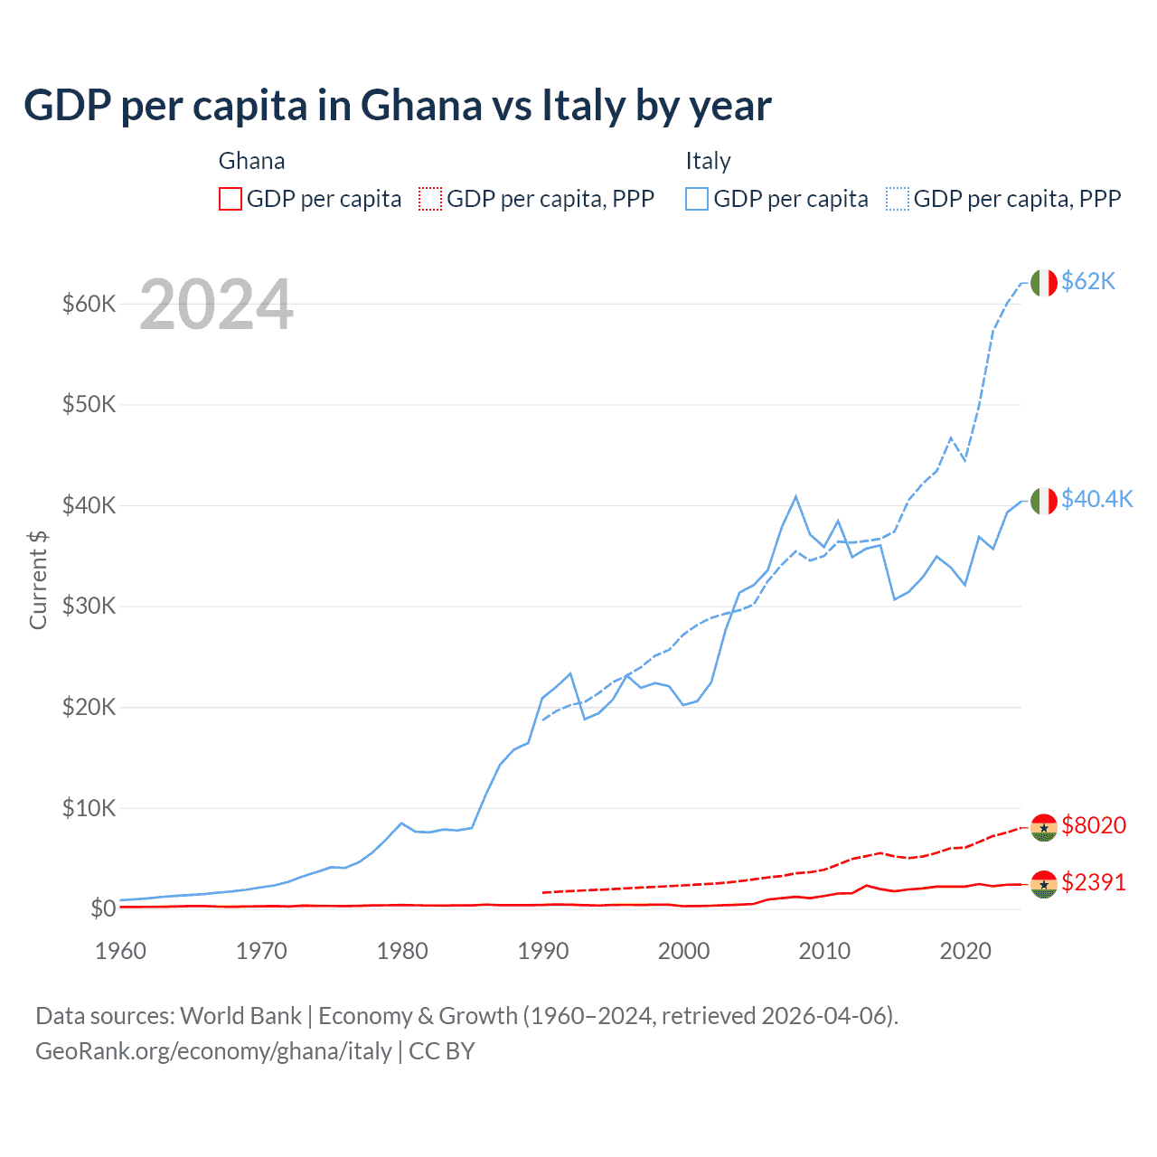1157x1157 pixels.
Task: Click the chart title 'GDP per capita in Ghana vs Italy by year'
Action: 398,106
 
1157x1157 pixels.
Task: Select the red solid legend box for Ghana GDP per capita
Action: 230,199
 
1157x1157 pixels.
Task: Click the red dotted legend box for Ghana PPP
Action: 430,199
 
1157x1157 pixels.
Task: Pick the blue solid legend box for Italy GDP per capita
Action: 697,199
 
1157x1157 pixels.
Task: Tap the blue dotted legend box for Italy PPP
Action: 898,199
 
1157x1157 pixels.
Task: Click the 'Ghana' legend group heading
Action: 251,161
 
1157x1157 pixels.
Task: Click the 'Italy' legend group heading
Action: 708,161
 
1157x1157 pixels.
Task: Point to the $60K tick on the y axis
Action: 89,304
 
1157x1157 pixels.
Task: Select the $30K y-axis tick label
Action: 89,606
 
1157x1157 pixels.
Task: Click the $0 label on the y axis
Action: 102,908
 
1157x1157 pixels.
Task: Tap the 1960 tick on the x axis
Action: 120,951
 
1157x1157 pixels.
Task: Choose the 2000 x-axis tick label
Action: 683,951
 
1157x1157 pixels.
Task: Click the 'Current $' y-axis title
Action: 38,579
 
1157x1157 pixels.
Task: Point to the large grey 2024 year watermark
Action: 216,305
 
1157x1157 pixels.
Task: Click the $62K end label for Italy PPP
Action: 1088,282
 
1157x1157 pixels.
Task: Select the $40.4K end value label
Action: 1096,499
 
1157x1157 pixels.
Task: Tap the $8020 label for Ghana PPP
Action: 1094,825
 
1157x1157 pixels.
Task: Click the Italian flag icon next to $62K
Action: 1044,283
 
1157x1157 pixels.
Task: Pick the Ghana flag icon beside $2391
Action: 1044,883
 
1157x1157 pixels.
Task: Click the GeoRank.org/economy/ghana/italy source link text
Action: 213,1051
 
